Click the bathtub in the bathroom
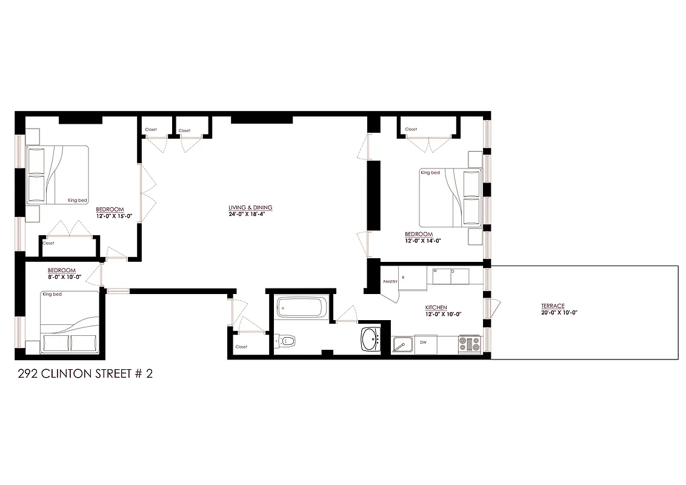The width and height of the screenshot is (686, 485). click(301, 307)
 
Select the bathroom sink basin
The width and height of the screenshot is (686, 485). click(370, 339)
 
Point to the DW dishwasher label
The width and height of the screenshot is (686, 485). click(424, 343)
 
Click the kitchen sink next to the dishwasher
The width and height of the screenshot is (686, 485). click(401, 345)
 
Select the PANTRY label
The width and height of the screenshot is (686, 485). click(390, 281)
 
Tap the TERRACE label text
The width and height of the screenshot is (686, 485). click(553, 306)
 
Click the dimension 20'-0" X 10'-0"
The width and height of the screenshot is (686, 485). click(559, 313)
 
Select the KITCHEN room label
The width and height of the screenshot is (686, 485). click(436, 307)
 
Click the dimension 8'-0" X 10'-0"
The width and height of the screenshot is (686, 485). click(64, 276)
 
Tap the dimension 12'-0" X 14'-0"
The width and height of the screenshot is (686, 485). click(422, 241)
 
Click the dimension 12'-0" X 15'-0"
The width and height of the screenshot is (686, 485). click(113, 216)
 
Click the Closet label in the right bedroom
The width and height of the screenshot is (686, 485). click(411, 129)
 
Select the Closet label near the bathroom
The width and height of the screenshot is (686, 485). click(241, 347)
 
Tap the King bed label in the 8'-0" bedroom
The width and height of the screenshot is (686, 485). click(52, 295)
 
